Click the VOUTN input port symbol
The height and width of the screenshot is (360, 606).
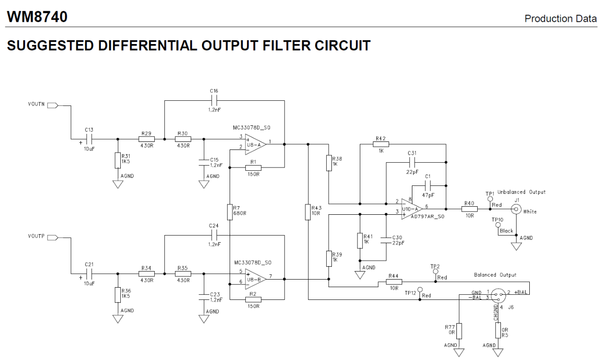coord(53,105)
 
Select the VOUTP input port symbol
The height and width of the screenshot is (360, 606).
coord(53,237)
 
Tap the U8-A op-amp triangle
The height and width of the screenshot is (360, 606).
coord(255,144)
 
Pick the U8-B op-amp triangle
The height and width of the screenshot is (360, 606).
coord(255,279)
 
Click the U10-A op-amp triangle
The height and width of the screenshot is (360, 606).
coord(412,209)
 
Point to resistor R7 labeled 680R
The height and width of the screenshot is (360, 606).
coord(230,212)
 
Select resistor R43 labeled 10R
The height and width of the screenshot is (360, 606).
coord(308,212)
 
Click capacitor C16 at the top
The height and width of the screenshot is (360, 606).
coord(214,101)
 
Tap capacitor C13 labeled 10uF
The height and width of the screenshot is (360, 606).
coord(89,139)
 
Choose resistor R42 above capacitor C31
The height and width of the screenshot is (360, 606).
coord(381,144)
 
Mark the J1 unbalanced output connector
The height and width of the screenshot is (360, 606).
coord(516,209)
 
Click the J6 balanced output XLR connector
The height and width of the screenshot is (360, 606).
coord(498,295)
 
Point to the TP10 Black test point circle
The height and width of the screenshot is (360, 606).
coord(498,225)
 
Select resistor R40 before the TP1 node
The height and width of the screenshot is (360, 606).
coord(469,209)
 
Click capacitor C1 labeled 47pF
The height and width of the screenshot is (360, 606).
coord(428,185)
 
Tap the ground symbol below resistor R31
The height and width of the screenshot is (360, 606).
coord(118,184)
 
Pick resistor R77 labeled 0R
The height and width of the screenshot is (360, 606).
coord(459,331)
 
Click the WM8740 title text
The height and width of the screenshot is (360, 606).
coord(37,17)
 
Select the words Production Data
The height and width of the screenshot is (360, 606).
coord(561,18)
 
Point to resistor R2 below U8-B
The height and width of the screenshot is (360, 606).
coord(253,299)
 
